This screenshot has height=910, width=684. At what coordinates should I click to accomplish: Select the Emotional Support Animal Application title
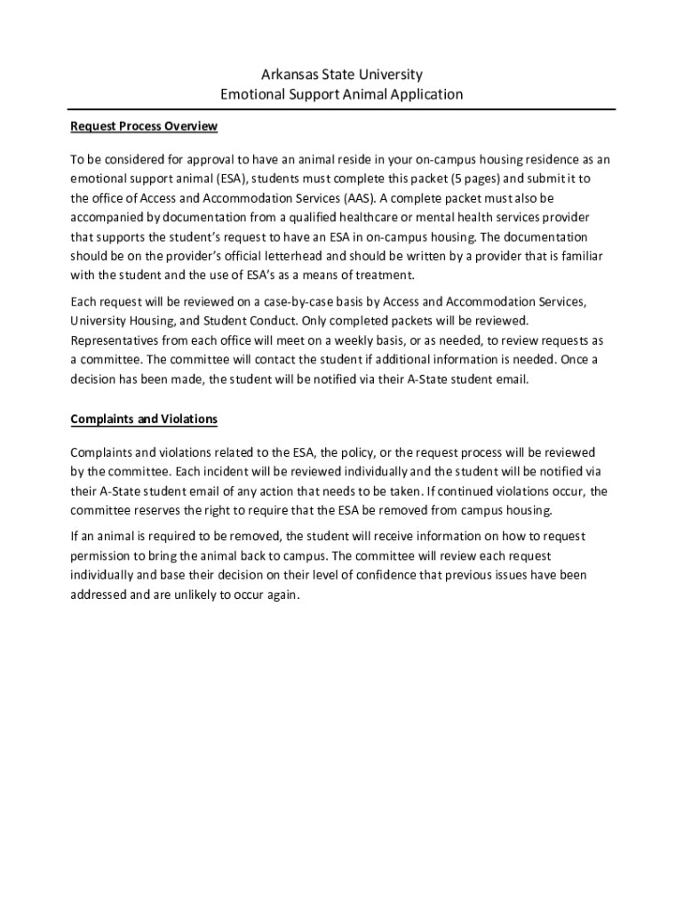[x=342, y=93]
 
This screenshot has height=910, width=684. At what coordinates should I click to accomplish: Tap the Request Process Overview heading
[x=144, y=126]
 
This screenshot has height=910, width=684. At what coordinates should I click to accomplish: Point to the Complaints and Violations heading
[x=144, y=419]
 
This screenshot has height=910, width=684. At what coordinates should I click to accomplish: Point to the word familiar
[x=578, y=256]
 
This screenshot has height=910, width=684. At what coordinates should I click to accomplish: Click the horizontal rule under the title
[x=342, y=109]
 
